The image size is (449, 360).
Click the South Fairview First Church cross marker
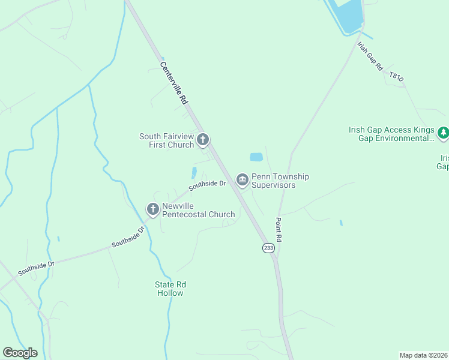click(203, 140)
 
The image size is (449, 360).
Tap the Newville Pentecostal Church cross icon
click(153, 209)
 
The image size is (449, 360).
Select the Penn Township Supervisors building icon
click(243, 180)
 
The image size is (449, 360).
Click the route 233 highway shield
click(268, 247)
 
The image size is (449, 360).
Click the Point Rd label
click(279, 230)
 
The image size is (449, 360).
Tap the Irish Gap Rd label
click(370, 56)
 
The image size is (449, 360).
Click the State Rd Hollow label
click(170, 289)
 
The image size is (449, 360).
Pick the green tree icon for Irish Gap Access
click(443, 133)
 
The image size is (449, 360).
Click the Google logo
click(20, 353)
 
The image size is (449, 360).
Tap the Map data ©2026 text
click(423, 355)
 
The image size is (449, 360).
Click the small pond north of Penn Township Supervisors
click(256, 157)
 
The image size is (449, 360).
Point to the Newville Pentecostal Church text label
click(198, 210)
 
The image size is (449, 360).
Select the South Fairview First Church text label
click(167, 140)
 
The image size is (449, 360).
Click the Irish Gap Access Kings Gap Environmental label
click(391, 134)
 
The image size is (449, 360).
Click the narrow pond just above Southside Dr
click(194, 173)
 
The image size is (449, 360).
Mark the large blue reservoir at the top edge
click(349, 14)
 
